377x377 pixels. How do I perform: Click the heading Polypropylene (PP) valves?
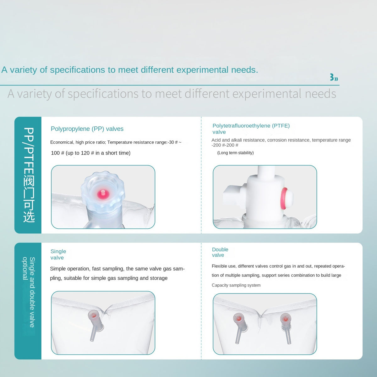tap(87, 129)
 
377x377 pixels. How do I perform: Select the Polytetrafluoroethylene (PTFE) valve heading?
tap(251, 129)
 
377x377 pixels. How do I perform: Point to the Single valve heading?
tap(58, 254)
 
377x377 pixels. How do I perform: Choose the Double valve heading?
tap(220, 252)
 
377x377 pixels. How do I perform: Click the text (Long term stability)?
tap(235, 153)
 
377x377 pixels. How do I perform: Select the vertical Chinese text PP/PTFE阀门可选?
tap(29, 175)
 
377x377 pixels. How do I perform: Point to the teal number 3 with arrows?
tap(334, 77)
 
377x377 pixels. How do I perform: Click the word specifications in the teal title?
tap(77, 70)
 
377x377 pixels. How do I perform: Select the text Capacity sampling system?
tap(236, 285)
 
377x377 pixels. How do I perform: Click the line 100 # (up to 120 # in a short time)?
tap(90, 153)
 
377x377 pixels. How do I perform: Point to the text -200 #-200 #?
tap(225, 145)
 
